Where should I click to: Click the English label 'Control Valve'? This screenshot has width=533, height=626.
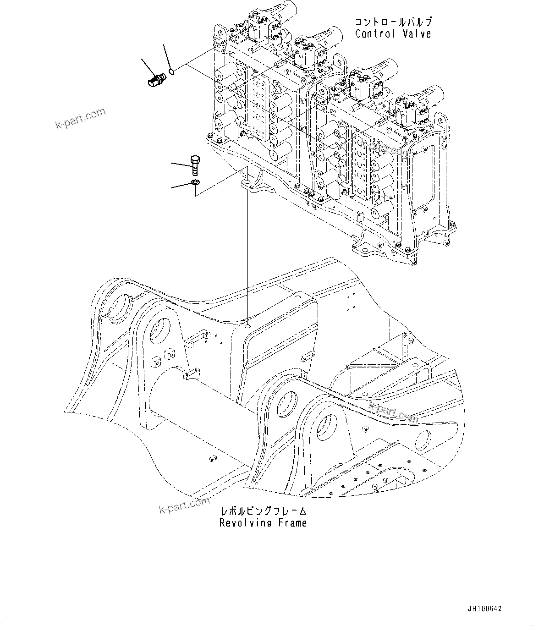[393, 33]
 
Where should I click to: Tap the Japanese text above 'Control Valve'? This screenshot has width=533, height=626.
[393, 22]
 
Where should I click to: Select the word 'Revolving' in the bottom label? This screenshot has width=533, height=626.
[245, 523]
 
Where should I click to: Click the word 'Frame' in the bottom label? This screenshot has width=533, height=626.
[292, 523]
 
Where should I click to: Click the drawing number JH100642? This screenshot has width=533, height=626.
[484, 609]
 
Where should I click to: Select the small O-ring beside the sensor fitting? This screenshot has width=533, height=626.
[171, 71]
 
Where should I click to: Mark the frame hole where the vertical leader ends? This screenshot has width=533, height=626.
[247, 327]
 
